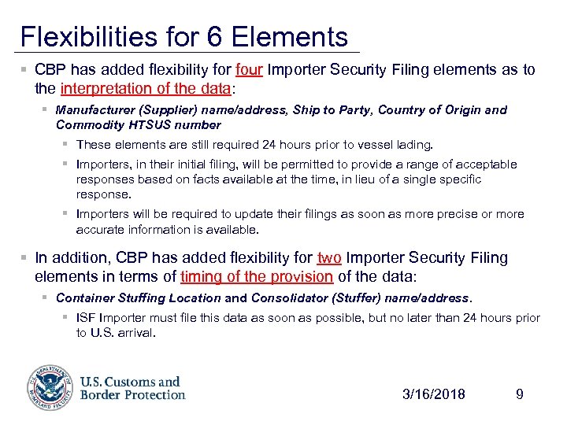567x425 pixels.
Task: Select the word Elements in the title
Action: (x=289, y=36)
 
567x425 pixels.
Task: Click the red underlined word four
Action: (x=249, y=70)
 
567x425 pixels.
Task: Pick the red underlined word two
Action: (x=328, y=258)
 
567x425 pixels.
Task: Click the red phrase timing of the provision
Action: (x=256, y=276)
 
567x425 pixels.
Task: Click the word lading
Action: (x=414, y=145)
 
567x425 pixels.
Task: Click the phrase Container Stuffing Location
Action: (x=139, y=298)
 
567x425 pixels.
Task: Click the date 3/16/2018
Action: (x=433, y=394)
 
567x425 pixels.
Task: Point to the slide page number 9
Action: (x=519, y=394)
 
